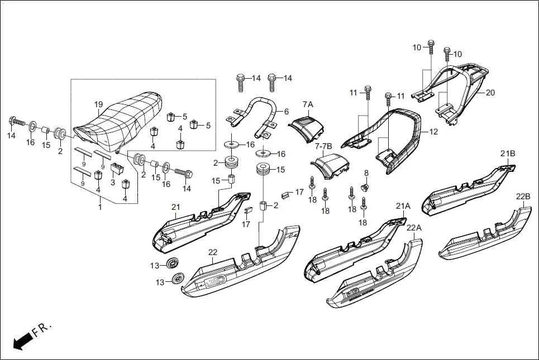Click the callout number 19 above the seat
click(x=98, y=104)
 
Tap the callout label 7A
click(x=308, y=104)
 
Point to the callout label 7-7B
click(x=324, y=146)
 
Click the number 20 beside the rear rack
click(x=490, y=93)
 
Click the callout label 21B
click(x=508, y=153)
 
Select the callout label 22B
click(x=523, y=196)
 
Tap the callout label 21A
click(x=403, y=206)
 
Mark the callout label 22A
click(x=414, y=228)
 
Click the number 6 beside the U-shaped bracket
click(x=287, y=112)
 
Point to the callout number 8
click(x=366, y=173)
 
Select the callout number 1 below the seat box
click(x=100, y=207)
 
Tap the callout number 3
click(x=113, y=182)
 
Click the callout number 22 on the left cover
click(x=212, y=252)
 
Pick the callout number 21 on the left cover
click(x=175, y=208)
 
